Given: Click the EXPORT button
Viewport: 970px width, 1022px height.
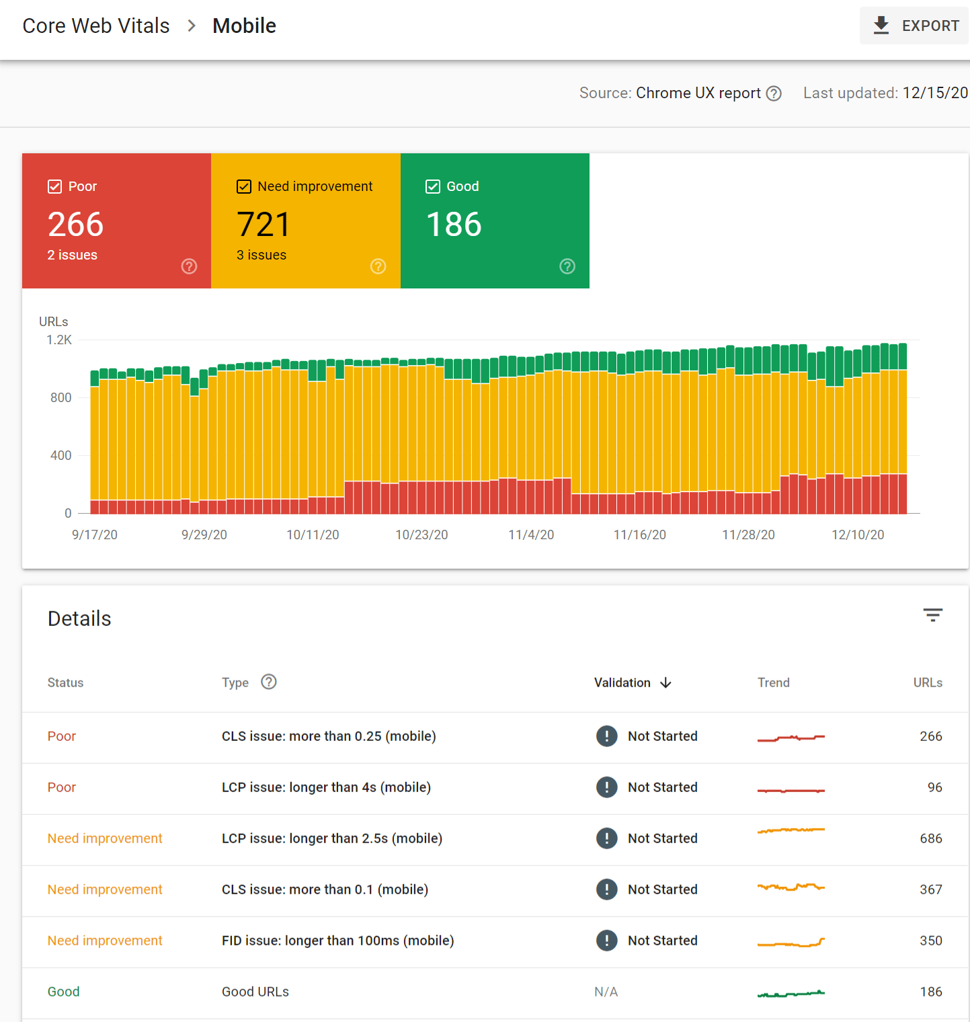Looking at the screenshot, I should [915, 26].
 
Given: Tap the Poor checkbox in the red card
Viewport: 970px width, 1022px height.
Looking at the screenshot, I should [55, 187].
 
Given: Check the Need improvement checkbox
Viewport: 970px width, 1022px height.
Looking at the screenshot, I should [244, 187].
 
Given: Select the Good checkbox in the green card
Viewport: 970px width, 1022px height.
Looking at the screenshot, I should [433, 187].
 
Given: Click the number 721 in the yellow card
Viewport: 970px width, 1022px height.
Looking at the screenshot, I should [264, 225].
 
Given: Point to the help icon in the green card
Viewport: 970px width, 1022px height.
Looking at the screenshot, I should [567, 266].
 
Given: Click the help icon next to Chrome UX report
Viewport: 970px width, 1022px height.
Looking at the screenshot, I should [774, 93].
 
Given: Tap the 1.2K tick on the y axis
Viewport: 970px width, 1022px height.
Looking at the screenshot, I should [59, 340].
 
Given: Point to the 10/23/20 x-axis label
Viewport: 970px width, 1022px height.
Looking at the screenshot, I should [421, 535].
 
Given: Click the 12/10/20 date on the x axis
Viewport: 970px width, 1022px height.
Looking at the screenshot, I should [858, 535].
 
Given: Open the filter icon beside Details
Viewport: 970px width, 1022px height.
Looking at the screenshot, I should [932, 615].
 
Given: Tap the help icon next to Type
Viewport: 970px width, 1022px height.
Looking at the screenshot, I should [269, 682].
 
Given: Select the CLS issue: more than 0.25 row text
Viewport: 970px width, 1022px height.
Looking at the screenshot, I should [329, 736].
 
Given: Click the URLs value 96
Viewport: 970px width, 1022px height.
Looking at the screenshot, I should [934, 787].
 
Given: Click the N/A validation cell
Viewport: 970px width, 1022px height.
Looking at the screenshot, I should [606, 992].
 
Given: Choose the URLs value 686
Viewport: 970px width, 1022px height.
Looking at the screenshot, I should [930, 838].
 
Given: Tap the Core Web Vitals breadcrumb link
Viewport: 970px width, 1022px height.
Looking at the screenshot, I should [96, 26].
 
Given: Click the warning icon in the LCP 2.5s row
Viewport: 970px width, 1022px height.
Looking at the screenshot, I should [606, 838].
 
